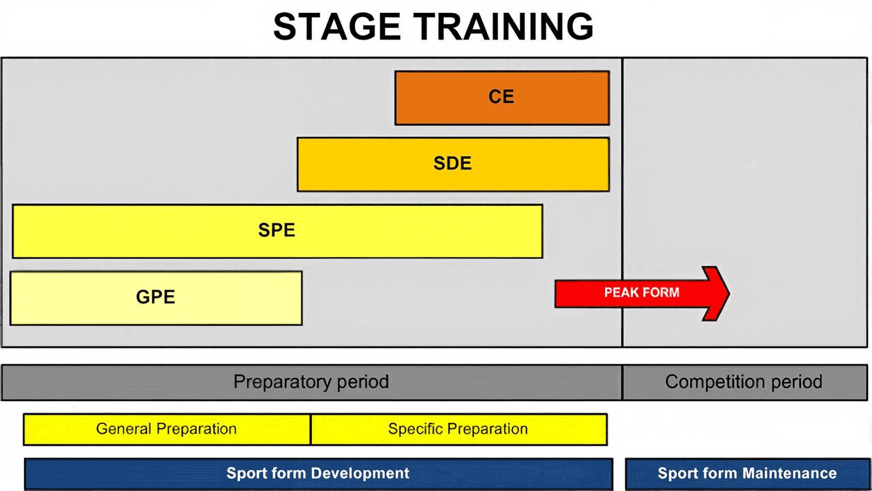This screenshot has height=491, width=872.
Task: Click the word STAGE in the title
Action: (x=337, y=27)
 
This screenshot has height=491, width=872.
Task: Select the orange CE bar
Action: (x=502, y=98)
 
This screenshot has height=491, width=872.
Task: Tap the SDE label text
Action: (x=452, y=163)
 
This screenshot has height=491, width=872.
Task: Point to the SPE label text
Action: (x=277, y=230)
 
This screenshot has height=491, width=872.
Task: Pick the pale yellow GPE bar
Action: (x=156, y=298)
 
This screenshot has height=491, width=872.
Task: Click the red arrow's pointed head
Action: (x=729, y=293)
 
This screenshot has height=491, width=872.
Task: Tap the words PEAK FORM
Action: (x=642, y=293)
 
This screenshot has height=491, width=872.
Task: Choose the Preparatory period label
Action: (x=311, y=381)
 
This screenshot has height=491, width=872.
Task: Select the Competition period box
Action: (x=745, y=383)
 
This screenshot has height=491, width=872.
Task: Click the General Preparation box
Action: (x=167, y=429)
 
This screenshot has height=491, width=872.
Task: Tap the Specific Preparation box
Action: (x=459, y=429)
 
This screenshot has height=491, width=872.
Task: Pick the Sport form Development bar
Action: (x=318, y=474)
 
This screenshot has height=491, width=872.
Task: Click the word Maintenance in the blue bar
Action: (x=790, y=473)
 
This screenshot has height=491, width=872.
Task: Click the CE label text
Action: (x=501, y=97)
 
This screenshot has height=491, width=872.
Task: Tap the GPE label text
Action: (x=155, y=297)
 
